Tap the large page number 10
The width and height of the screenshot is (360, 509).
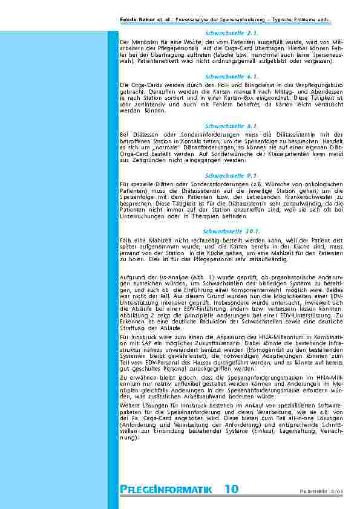231,489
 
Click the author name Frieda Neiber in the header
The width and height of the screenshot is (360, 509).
138,19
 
